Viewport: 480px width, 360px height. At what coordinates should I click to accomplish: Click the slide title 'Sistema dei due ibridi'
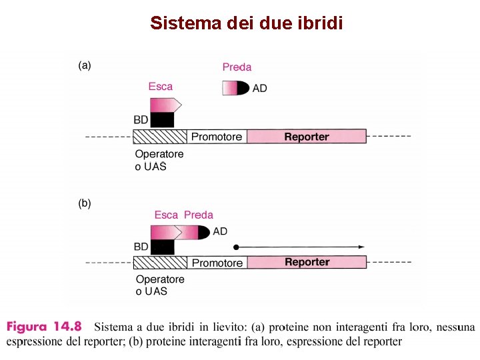(x=247, y=23)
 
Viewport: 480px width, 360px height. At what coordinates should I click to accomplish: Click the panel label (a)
(x=85, y=65)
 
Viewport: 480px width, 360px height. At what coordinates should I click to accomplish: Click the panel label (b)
(x=85, y=203)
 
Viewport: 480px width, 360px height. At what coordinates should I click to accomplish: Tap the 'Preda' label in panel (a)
(x=237, y=67)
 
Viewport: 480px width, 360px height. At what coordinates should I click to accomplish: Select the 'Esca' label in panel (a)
(x=160, y=86)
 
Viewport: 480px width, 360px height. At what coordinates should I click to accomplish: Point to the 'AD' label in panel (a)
(x=260, y=89)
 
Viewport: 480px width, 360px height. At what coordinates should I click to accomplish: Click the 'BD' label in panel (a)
(x=141, y=120)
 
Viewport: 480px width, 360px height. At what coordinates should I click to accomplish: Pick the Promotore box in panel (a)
(x=217, y=137)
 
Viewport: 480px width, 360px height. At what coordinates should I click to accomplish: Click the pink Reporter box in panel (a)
(x=307, y=137)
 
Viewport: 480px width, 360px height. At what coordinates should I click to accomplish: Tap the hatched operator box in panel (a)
(x=160, y=137)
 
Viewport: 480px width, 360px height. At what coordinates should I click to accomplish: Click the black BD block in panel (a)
(x=162, y=120)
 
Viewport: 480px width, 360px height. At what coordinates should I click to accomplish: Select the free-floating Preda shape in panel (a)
(x=236, y=89)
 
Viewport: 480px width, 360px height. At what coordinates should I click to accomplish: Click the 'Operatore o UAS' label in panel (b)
(x=160, y=285)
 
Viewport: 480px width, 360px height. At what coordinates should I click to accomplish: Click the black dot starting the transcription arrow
(x=236, y=247)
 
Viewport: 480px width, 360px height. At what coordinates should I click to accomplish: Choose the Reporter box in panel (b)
(x=307, y=262)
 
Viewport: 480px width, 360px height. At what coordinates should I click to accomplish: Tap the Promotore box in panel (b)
(x=217, y=263)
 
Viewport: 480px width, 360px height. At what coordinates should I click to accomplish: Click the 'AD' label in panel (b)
(x=220, y=231)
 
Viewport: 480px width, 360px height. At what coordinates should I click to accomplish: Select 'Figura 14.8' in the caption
(x=44, y=327)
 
